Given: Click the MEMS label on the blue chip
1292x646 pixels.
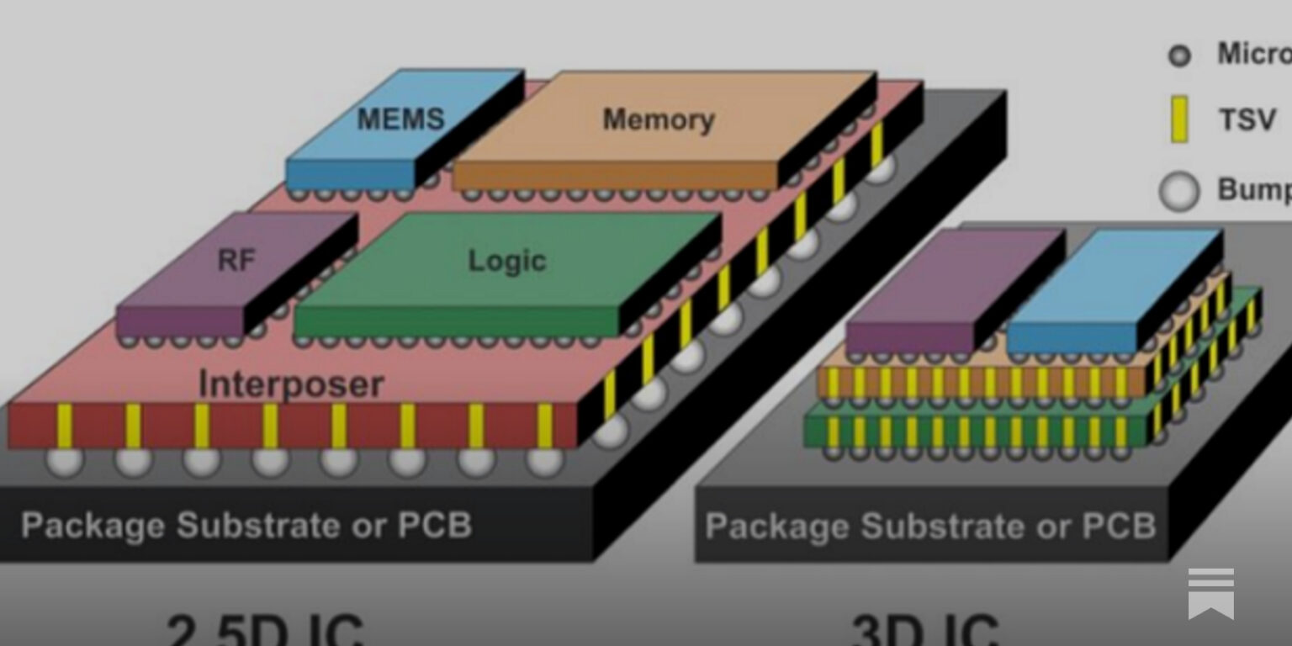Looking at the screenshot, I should click(400, 119).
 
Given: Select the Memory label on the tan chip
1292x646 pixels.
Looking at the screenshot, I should click(658, 119).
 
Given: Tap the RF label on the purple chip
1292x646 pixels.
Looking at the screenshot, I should click(236, 260).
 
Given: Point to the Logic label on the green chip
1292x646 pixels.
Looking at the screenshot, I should click(506, 261).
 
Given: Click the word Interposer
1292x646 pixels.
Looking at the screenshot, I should click(291, 384).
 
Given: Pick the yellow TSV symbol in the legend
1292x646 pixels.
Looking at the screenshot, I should click(1179, 119).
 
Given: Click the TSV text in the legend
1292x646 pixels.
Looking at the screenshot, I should click(1247, 120).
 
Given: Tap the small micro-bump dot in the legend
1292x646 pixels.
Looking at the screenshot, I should click(1179, 56).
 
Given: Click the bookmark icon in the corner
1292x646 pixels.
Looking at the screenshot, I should click(1210, 592).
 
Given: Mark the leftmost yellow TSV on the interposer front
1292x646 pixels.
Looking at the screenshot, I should click(64, 425).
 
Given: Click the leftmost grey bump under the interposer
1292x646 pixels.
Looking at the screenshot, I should click(64, 461).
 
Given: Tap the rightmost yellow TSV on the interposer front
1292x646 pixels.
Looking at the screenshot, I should click(544, 425).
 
